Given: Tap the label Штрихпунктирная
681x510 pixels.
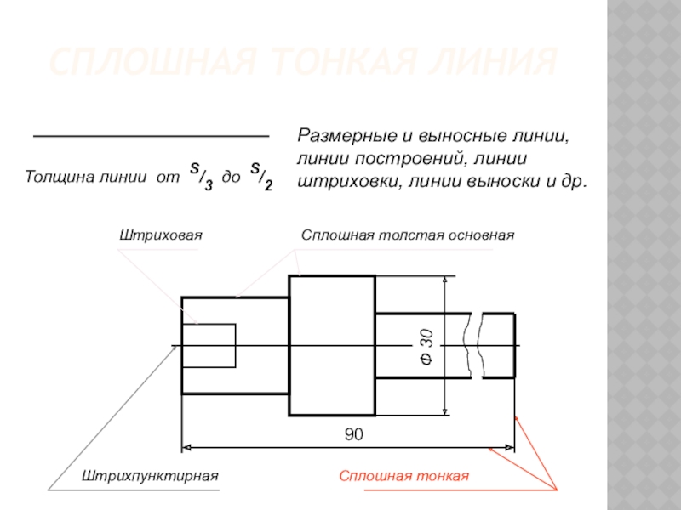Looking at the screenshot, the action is [151, 476].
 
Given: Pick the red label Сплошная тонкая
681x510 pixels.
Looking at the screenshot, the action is [404, 476].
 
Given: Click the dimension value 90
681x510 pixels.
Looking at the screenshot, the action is [353, 434].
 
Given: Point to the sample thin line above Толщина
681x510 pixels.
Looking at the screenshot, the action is [150, 137].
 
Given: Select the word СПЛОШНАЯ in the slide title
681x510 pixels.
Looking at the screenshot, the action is [134, 63].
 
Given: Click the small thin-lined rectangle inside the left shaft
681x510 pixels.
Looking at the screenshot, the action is [209, 345].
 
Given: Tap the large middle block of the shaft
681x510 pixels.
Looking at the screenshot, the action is [332, 345].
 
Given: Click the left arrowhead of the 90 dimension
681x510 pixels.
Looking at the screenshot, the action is [187, 446].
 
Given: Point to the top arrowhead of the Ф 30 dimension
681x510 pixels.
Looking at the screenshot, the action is [445, 281].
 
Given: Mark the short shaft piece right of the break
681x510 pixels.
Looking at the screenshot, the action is [499, 345].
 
